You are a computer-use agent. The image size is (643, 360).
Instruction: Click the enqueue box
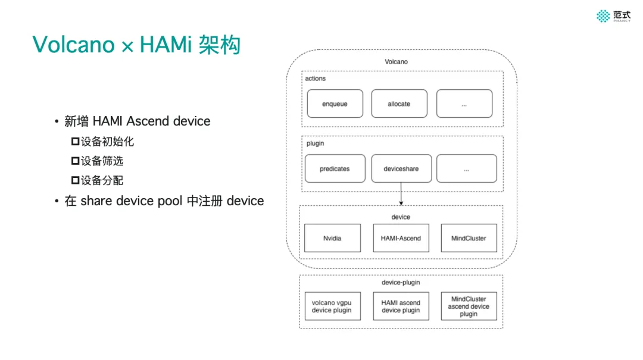[x=335, y=104]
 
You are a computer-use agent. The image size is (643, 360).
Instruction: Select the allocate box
[x=399, y=104]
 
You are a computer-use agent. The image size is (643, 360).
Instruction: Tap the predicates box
[x=335, y=168]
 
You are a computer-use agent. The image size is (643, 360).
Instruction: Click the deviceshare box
[x=401, y=168]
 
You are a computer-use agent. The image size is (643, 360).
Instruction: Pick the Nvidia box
[x=332, y=238]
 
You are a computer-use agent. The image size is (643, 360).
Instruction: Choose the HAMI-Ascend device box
[x=401, y=238]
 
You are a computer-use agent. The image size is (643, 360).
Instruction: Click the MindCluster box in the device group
[x=469, y=238]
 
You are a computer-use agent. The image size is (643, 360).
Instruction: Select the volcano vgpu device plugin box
[x=332, y=306]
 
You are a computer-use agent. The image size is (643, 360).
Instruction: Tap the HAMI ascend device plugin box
[x=401, y=306]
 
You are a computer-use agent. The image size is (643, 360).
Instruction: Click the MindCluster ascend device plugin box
[x=469, y=306]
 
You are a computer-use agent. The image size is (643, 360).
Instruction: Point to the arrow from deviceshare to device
[x=401, y=194]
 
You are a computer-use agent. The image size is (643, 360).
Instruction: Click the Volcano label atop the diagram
[x=396, y=62]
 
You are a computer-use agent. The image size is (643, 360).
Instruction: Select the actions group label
[x=316, y=79]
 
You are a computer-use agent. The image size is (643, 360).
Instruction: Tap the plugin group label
[x=315, y=143]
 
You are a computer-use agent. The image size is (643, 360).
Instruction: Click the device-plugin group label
[x=401, y=282]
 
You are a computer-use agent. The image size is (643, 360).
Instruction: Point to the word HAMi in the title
[x=163, y=45]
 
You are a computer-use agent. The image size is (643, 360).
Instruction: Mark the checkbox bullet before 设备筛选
[x=75, y=161]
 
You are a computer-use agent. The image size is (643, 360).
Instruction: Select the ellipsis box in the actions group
[x=464, y=104]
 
